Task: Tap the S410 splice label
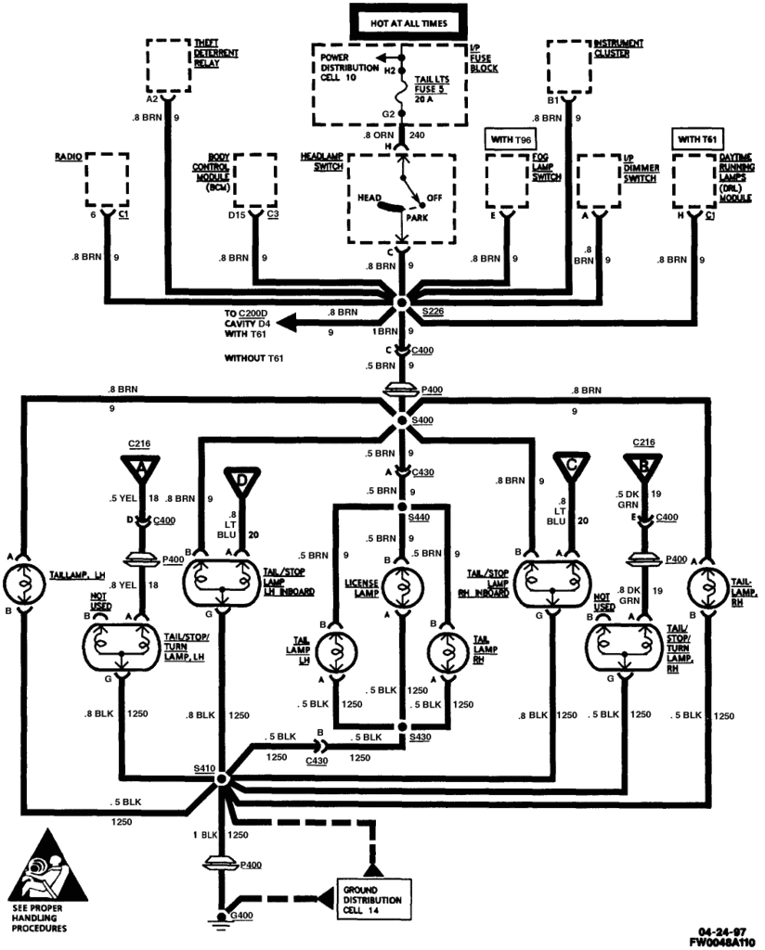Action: click(x=204, y=768)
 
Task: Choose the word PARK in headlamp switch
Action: click(x=417, y=217)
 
